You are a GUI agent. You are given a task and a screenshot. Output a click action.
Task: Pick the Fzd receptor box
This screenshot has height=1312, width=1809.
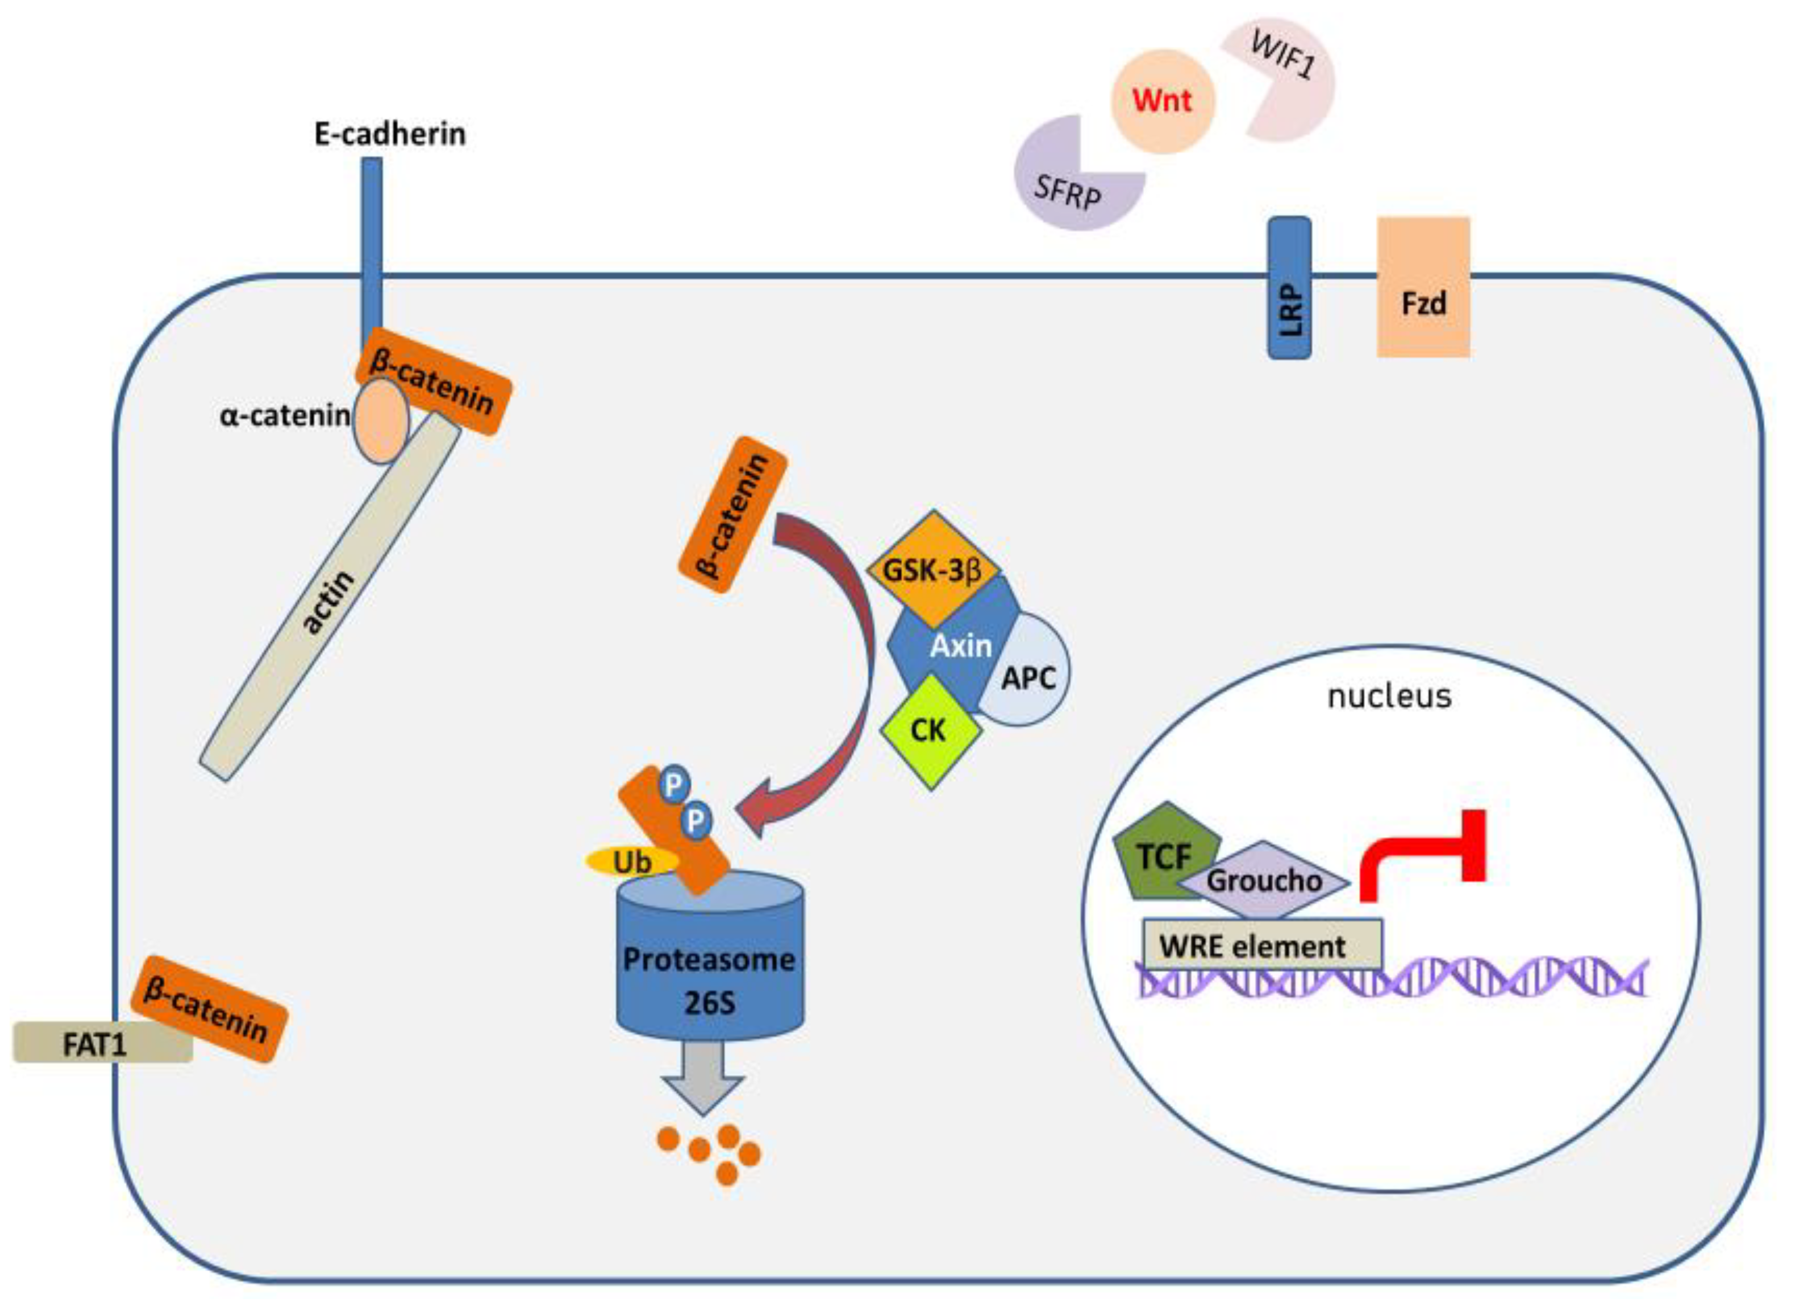pos(1423,287)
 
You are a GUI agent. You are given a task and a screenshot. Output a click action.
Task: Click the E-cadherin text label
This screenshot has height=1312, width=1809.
pos(390,133)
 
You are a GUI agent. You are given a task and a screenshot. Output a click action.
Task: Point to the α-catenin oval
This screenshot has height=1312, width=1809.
pos(381,421)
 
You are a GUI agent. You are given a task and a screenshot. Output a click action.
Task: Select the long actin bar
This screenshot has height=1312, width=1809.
pos(329,598)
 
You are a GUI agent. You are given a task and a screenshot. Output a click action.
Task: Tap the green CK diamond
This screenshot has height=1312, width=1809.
pos(929,730)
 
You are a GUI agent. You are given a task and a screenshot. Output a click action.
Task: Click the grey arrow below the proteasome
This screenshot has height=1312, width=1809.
pos(703,1081)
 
